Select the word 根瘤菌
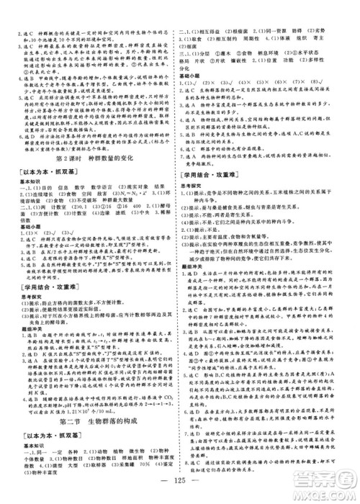[238, 14]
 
